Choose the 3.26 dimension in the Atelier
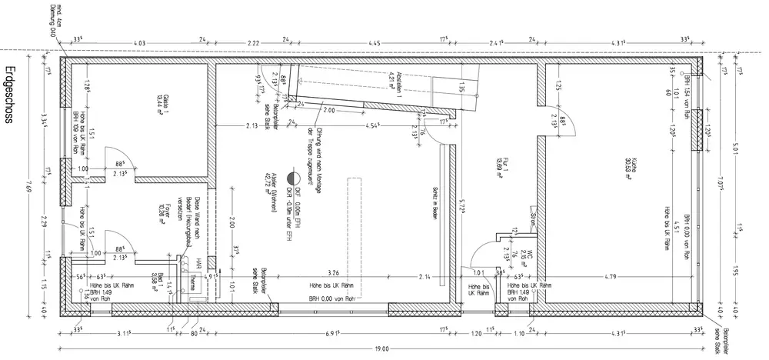333,274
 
